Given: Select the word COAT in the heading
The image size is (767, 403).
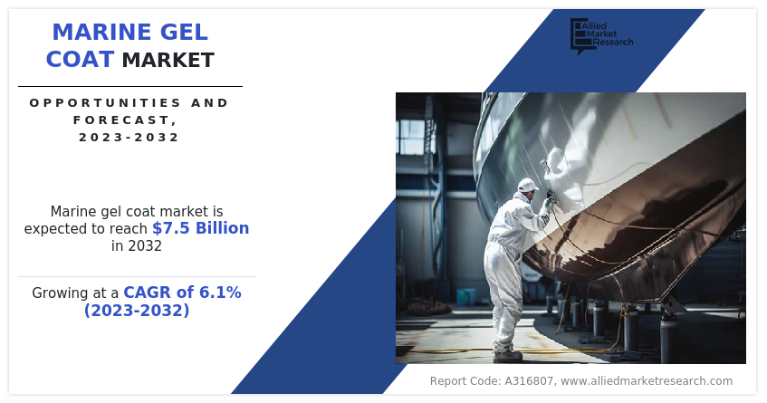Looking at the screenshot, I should pyautogui.click(x=80, y=60).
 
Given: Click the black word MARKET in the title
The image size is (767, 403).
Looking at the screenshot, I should pyautogui.click(x=168, y=61).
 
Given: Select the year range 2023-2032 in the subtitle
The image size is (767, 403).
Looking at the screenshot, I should pyautogui.click(x=129, y=138).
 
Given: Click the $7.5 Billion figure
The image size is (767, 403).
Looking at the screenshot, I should pyautogui.click(x=200, y=228).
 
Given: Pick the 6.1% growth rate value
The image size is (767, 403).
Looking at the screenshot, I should pyautogui.click(x=222, y=293).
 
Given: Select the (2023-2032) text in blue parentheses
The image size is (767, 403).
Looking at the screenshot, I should pyautogui.click(x=137, y=311).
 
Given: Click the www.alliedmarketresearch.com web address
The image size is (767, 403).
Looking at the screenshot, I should pyautogui.click(x=647, y=381).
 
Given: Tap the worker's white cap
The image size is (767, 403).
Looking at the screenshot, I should pyautogui.click(x=527, y=185).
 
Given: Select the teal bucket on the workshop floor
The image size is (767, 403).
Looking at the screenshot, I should pyautogui.click(x=465, y=296).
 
